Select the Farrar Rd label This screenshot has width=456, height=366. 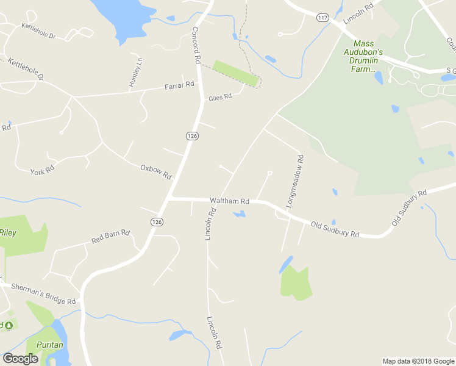pos(179,87)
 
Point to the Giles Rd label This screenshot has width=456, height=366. pos(220,97)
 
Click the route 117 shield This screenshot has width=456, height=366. pos(323,18)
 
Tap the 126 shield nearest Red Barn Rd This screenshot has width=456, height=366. pos(157,221)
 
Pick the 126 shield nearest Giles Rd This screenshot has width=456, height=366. pos(192,135)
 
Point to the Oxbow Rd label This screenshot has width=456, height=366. pos(156,171)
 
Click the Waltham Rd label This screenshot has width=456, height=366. pos(230,201)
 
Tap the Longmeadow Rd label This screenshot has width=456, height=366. pos(294,180)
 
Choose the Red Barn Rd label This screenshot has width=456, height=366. pos(111,236)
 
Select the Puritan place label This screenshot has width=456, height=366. pos(49,345)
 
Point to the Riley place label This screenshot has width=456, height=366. pos(8,232)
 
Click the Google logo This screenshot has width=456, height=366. pos(20,359)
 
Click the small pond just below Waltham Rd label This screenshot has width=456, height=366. pos(240,214)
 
